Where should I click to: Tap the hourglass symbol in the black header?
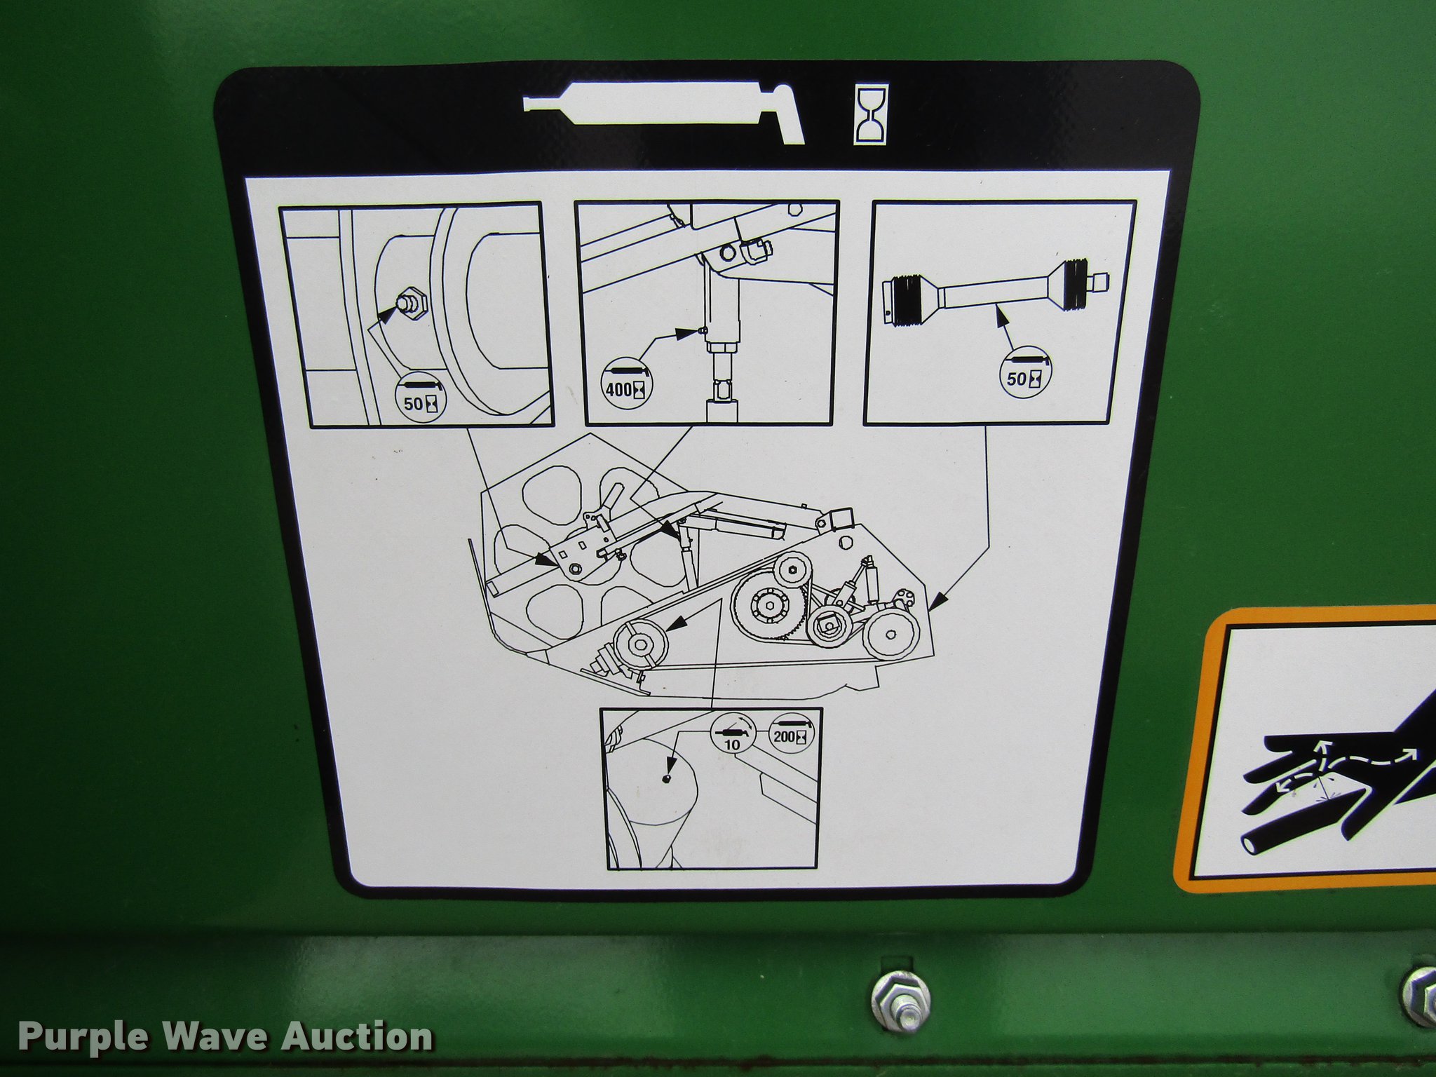(x=871, y=115)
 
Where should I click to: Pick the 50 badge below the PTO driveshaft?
(x=1024, y=376)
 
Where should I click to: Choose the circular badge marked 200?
(x=790, y=734)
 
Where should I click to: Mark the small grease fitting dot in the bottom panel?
(x=668, y=777)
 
